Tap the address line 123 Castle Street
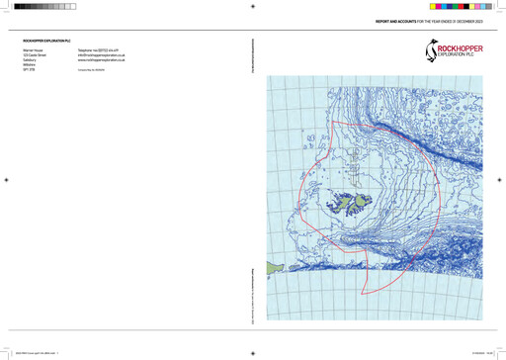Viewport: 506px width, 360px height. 36,53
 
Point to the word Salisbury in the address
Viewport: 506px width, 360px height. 31,59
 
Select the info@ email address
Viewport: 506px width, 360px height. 101,53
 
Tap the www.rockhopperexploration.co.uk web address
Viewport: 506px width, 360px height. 101,59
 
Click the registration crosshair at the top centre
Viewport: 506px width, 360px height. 253,6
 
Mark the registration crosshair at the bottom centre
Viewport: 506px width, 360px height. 253,352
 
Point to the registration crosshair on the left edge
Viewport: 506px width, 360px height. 7,180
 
